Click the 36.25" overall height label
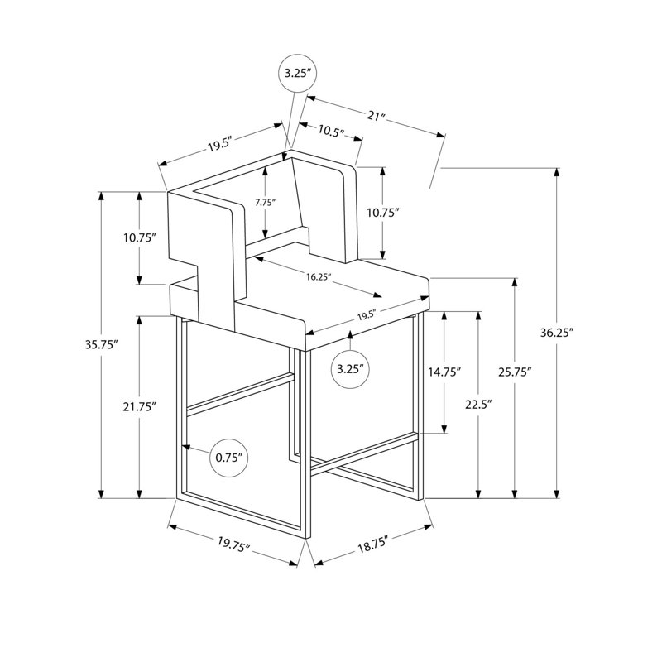[557, 333]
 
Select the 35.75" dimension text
[101, 345]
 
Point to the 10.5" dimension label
[331, 132]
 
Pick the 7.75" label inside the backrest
[265, 202]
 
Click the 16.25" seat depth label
[319, 276]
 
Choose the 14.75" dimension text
[444, 372]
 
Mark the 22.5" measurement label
[479, 405]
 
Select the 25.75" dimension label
[514, 372]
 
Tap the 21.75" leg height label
[140, 407]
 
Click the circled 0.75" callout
[229, 458]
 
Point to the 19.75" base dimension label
[234, 544]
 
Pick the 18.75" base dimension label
[373, 545]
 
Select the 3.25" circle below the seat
[350, 369]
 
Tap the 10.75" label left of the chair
[140, 237]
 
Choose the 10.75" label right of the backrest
[382, 213]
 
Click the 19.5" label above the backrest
[220, 145]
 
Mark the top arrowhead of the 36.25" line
[557, 172]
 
